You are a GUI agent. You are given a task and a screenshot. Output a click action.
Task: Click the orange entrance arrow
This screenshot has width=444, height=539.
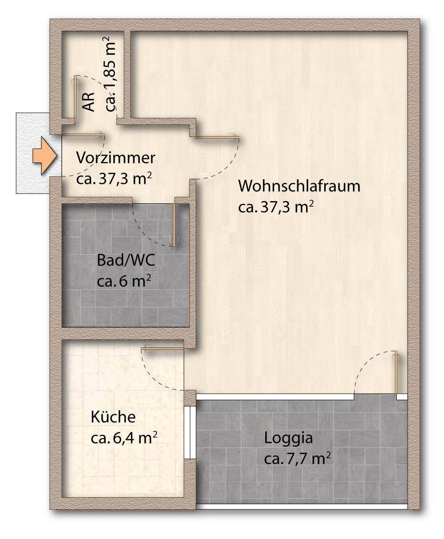coord(45,156)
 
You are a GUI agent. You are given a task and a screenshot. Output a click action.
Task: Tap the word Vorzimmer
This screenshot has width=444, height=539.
coord(116,158)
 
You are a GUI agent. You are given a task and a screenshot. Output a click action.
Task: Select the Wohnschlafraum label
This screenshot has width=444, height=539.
coord(299,186)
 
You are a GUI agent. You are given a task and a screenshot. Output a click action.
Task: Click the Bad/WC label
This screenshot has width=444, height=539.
coord(126,260)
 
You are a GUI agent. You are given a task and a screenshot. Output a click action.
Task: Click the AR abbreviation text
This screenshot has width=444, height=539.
coord(90,101)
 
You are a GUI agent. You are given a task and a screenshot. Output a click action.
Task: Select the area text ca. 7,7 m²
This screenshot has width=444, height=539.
coord(298,459)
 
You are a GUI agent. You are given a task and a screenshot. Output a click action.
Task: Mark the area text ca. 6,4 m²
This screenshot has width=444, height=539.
coord(124,438)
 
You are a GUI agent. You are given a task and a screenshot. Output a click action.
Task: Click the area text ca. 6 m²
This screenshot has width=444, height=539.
coord(124,281)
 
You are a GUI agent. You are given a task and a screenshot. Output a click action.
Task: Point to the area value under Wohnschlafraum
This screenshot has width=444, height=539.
coord(276,207)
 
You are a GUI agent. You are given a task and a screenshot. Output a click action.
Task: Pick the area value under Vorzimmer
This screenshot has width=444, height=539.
coord(114,179)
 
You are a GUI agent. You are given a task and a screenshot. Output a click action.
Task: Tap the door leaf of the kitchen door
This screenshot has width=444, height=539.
coord(163,349)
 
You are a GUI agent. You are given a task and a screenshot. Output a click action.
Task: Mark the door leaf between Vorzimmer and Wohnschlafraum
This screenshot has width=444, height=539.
coord(217,138)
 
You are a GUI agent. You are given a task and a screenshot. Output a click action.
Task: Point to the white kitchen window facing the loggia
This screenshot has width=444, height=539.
coord(187,433)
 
